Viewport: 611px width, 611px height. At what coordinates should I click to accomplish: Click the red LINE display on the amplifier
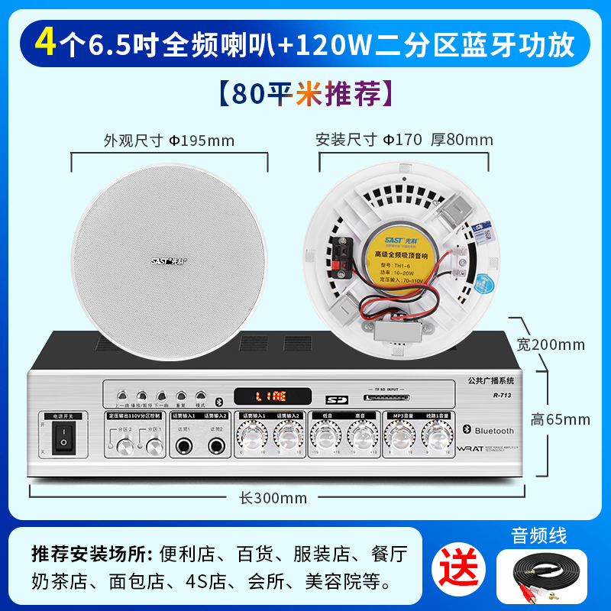[x=271, y=396]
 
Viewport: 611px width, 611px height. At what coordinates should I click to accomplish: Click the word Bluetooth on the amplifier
[x=494, y=432]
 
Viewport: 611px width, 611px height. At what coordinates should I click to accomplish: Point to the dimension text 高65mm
[x=561, y=419]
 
